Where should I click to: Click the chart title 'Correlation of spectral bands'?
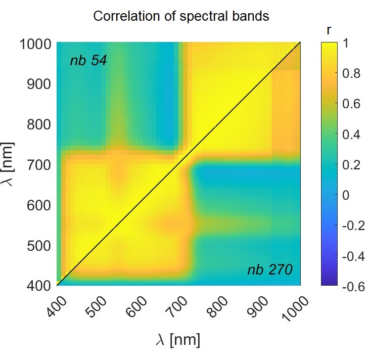pos(181,16)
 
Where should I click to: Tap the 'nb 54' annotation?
pos(88,61)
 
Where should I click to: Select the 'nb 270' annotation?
pos(269,270)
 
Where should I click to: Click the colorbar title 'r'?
pos(329,30)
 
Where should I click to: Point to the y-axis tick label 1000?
pos(35,44)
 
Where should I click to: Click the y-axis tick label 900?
pos(39,84)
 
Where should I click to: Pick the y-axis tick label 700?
pos(39,165)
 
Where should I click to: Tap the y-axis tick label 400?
pos(39,286)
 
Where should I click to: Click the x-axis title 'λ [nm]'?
pos(178,340)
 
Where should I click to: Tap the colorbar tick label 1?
pos(346,44)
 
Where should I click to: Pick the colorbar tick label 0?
pos(346,195)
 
